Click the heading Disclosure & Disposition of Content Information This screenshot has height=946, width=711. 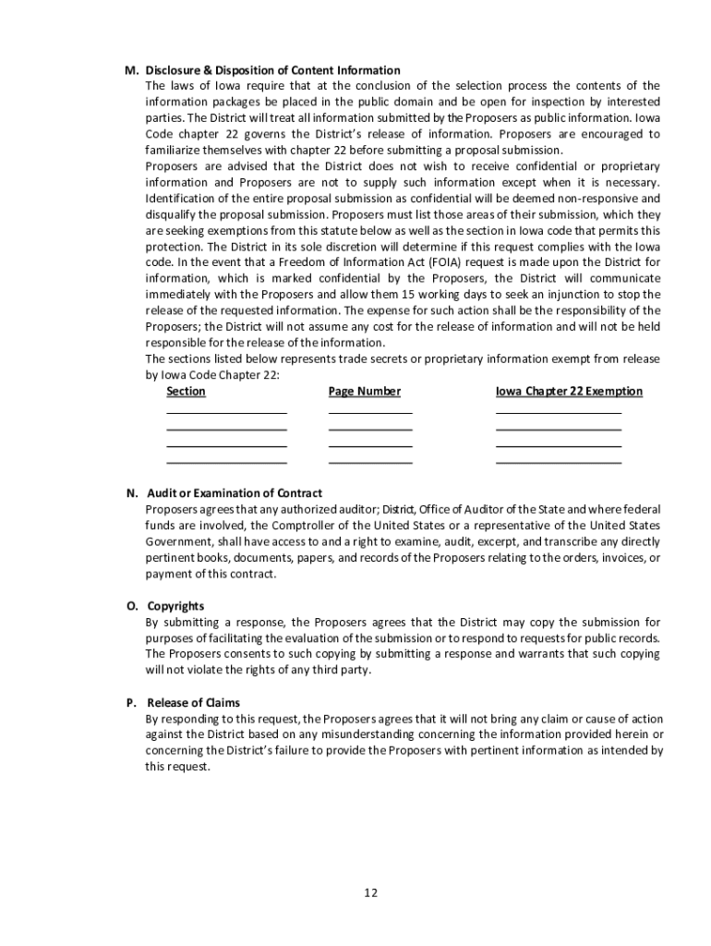click(272, 70)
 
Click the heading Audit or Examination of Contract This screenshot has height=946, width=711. click(235, 492)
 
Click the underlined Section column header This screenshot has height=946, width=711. click(186, 392)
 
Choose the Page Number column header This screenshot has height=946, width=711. click(365, 392)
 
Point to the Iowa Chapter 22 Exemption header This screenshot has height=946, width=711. click(569, 392)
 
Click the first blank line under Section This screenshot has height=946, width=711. click(226, 413)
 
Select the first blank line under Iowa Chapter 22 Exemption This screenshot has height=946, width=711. click(559, 413)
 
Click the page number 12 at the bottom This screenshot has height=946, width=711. click(370, 892)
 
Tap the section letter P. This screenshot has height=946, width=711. click(131, 702)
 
